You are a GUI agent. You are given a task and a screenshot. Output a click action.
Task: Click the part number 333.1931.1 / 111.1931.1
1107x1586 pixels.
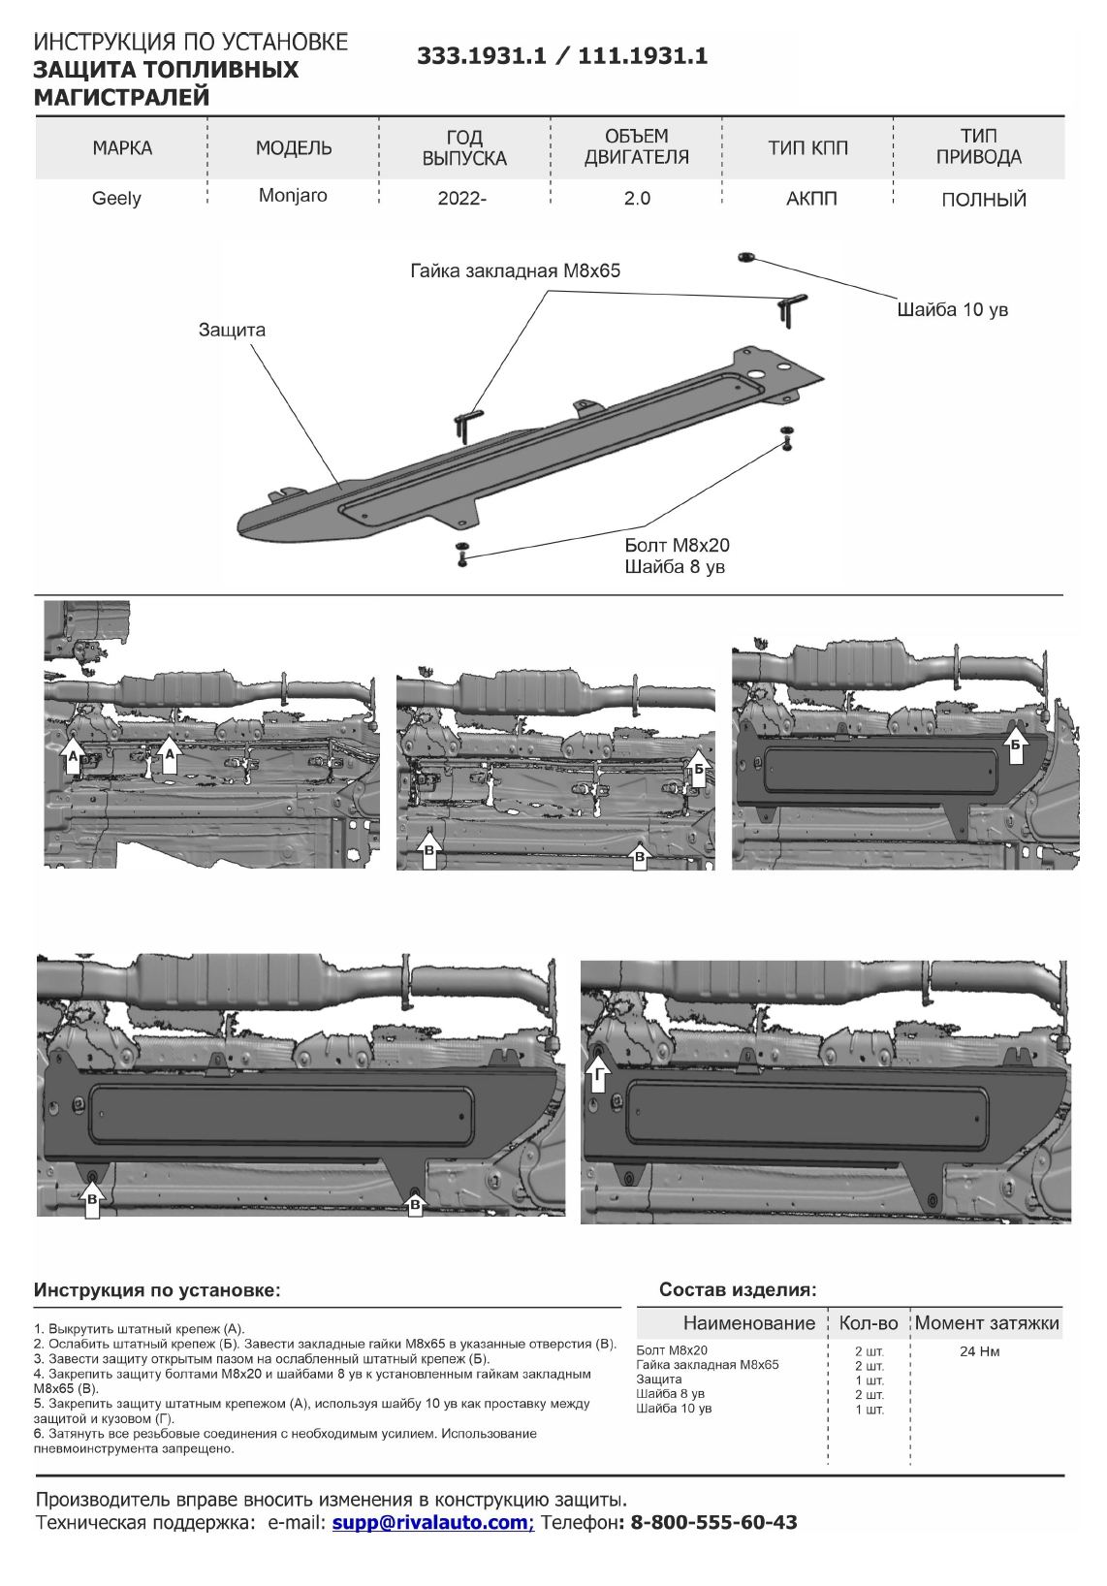562,56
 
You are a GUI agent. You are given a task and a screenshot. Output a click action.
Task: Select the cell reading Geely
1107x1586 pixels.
116,199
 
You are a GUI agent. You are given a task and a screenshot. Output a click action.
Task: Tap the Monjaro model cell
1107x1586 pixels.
293,196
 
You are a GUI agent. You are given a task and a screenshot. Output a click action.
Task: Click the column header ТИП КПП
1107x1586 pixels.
807,148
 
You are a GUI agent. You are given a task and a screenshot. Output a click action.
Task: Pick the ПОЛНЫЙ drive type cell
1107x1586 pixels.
983,201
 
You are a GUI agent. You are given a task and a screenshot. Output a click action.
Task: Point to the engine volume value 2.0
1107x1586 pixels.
637,199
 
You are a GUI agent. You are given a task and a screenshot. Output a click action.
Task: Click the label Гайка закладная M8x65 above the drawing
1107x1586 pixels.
515,271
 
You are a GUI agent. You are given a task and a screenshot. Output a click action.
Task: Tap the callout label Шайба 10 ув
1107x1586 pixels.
952,310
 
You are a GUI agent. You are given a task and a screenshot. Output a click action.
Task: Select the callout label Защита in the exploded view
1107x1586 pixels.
232,330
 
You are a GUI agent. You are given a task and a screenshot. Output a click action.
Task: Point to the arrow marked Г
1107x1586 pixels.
598,1074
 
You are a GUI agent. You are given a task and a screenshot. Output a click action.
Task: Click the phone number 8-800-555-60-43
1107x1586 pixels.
713,1523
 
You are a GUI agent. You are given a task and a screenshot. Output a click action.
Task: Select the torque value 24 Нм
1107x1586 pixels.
979,1352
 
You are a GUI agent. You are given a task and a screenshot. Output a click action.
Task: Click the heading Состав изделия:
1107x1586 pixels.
738,1290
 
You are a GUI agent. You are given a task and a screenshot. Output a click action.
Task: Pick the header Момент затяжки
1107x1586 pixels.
987,1323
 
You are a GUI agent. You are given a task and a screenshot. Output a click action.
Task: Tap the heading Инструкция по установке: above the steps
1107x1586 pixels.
157,1291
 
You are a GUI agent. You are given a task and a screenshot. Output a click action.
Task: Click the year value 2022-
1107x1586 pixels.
462,200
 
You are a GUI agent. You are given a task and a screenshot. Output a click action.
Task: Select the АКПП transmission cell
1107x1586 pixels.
811,200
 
